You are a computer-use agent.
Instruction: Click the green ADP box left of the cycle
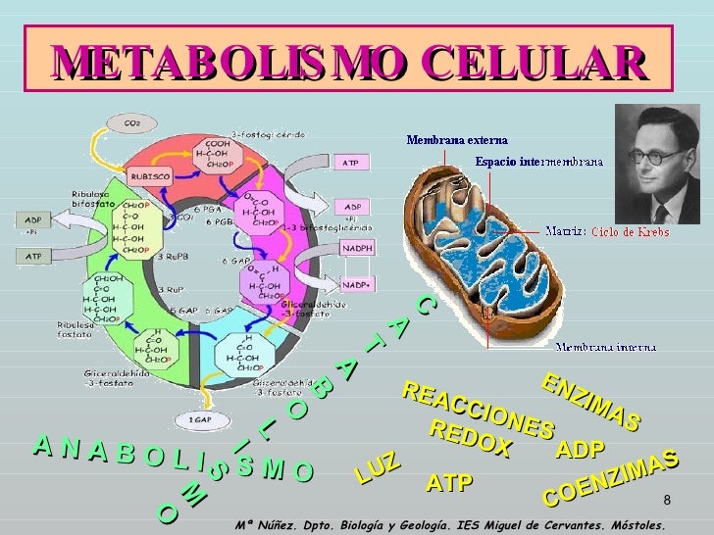click(x=33, y=219)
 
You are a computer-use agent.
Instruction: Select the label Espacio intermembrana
click(x=538, y=161)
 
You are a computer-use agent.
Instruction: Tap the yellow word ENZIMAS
click(x=590, y=403)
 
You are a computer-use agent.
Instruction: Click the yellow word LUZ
click(x=378, y=469)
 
